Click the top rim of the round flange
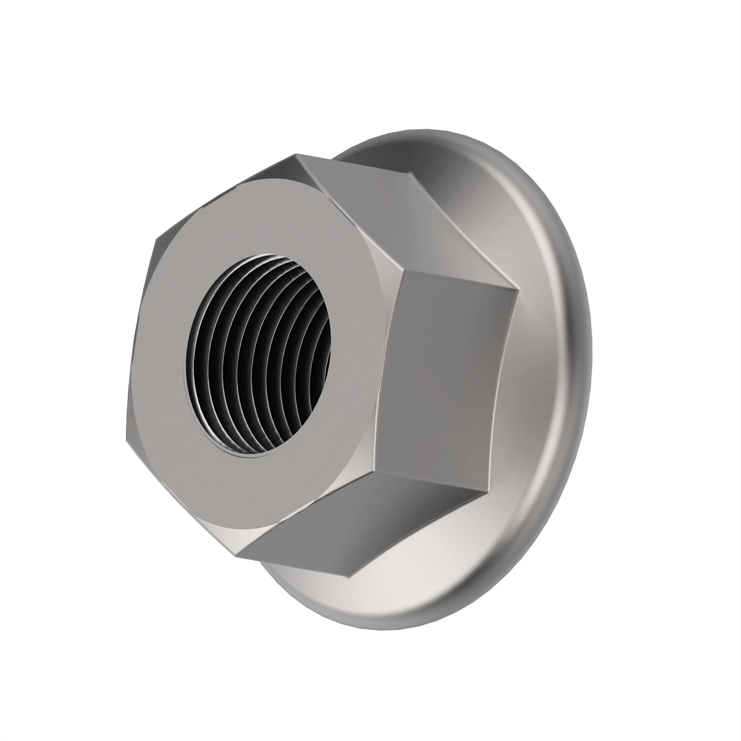click(408, 133)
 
